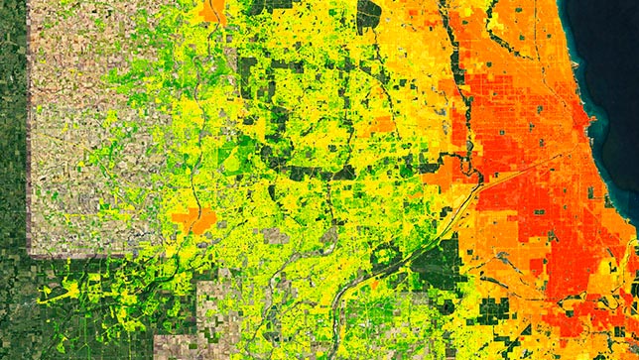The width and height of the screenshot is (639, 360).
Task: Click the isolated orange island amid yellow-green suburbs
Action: tap(192, 218)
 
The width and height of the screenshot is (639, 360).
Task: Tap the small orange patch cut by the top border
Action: tap(210, 10)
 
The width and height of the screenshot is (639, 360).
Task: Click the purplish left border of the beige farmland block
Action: tap(29, 149)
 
